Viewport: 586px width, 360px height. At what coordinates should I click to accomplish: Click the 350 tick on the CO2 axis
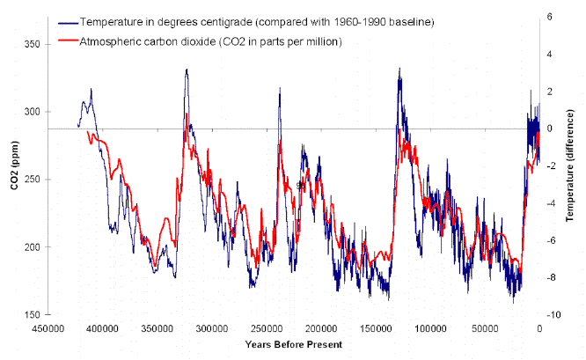pos(32,44)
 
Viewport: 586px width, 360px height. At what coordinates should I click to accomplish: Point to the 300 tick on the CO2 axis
pos(32,112)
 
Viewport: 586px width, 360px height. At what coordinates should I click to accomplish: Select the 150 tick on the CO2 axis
pos(32,314)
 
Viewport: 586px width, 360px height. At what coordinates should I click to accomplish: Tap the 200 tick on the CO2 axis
pos(32,247)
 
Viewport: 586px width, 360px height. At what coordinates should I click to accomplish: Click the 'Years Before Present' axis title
pos(294,343)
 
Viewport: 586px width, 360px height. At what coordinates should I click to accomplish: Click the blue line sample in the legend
pos(66,21)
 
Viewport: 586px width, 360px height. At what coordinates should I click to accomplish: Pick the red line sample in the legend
pos(66,41)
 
